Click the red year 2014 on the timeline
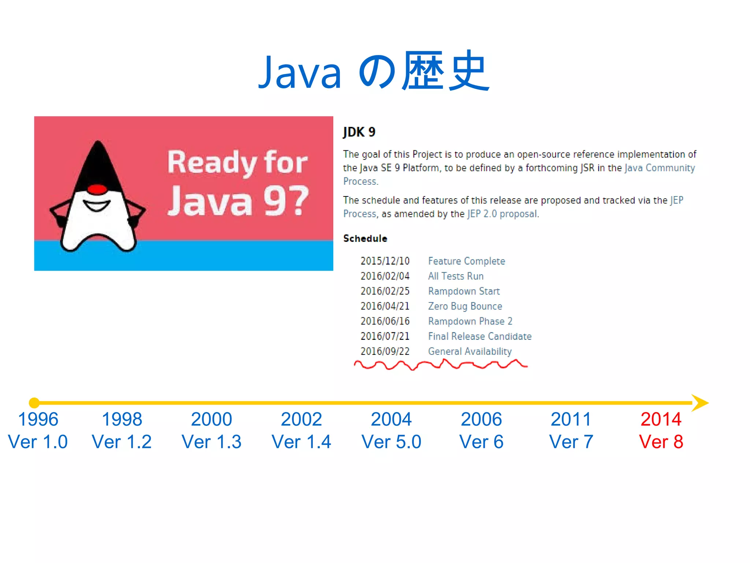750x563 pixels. (x=661, y=419)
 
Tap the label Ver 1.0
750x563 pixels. (x=38, y=442)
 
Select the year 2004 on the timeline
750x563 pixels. (x=391, y=419)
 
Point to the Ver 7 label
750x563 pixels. (x=571, y=442)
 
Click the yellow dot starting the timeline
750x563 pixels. (x=34, y=402)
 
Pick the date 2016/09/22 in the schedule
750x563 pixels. (x=385, y=351)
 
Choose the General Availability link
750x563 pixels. (x=470, y=351)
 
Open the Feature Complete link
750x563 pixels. (x=467, y=261)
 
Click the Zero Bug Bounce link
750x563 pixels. (x=465, y=306)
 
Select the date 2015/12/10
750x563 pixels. (x=385, y=261)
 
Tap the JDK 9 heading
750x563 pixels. (x=359, y=132)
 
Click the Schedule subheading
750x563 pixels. (x=365, y=239)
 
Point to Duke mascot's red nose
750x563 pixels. (x=97, y=189)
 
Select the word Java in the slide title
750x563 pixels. (x=300, y=73)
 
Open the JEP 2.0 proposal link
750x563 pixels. (x=503, y=214)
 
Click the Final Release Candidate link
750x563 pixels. (x=480, y=336)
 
